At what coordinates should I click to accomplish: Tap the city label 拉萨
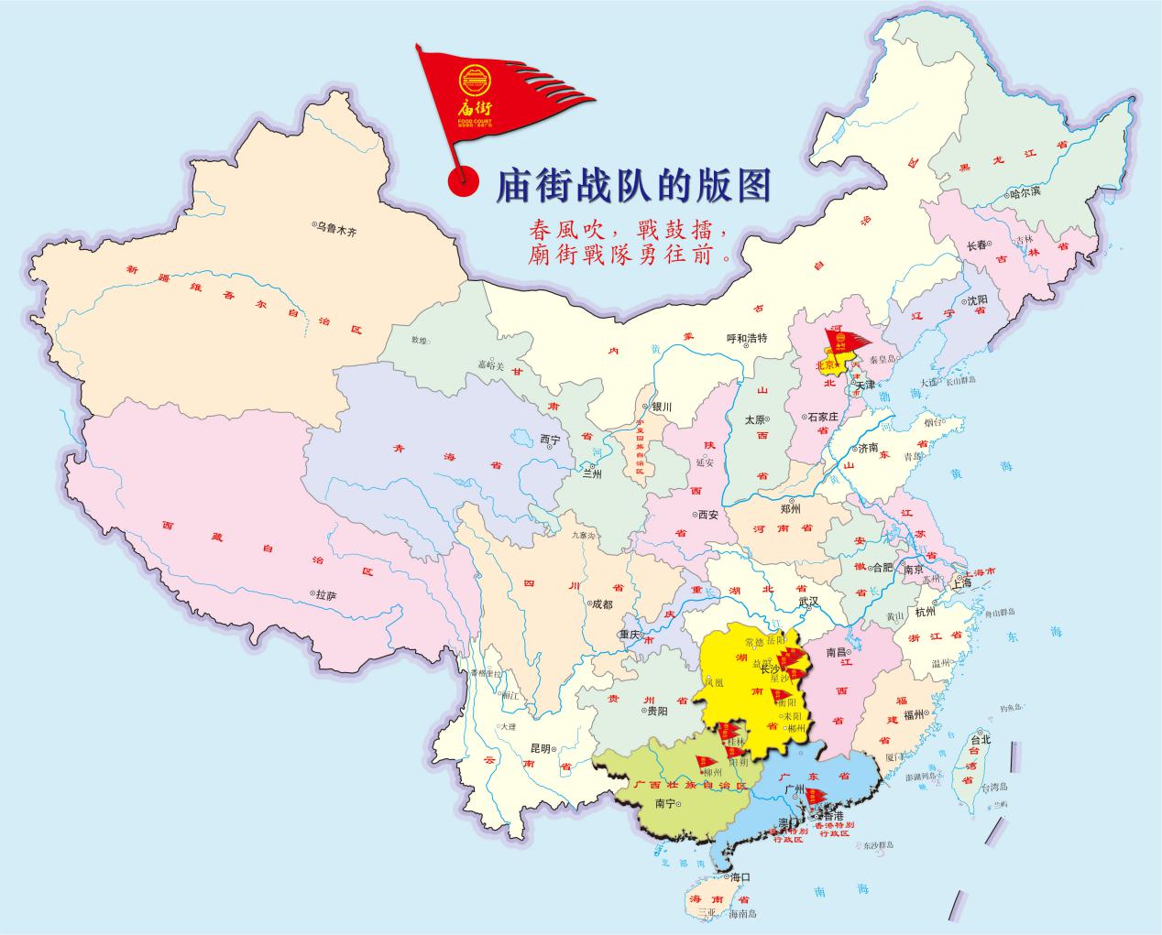click(326, 595)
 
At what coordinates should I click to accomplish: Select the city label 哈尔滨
click(1025, 193)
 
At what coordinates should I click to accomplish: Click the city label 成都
click(601, 603)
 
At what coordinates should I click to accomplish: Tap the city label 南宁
click(664, 803)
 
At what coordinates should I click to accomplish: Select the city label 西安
click(709, 515)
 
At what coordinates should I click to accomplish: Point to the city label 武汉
click(807, 602)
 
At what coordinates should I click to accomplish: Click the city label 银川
click(662, 407)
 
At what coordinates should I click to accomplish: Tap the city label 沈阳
click(977, 299)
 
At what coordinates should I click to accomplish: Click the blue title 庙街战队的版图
click(632, 186)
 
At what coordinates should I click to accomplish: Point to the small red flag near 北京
click(845, 342)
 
